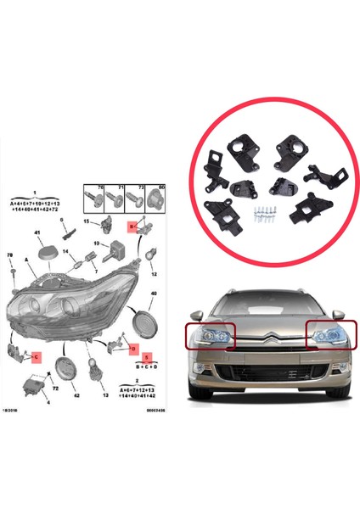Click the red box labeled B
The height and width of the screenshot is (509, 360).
pyautogui.click(x=132, y=227)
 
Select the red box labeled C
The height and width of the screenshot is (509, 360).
pyautogui.click(x=37, y=357)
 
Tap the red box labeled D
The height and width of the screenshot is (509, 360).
pyautogui.click(x=134, y=349)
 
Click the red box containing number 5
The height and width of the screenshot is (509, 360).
pyautogui.click(x=145, y=359)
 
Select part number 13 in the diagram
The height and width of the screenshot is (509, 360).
pyautogui.click(x=104, y=395)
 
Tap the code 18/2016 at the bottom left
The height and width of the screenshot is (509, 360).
pyautogui.click(x=18, y=409)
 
